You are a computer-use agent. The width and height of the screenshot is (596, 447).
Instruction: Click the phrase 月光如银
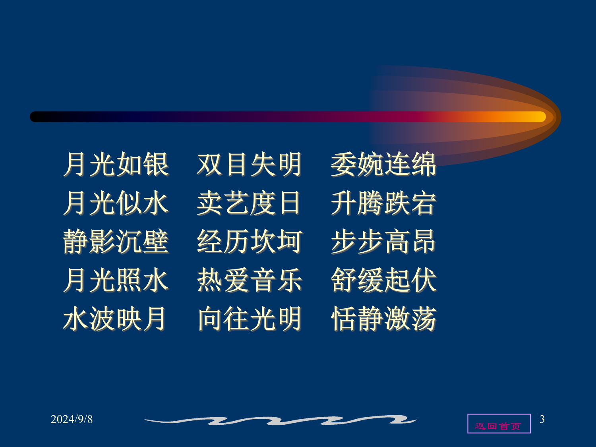116,164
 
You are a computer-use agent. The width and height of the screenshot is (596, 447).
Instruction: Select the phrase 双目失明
249,164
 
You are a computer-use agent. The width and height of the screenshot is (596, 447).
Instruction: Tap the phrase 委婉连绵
384,164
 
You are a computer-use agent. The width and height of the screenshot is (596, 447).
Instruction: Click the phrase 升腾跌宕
384,203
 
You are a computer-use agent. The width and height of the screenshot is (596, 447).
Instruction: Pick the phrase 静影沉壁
116,241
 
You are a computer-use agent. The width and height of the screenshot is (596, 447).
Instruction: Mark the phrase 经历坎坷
250,241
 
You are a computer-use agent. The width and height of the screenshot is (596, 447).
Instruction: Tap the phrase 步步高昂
383,241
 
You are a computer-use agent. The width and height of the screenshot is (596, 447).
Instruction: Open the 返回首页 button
499,424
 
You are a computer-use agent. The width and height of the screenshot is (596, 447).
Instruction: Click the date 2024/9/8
72,419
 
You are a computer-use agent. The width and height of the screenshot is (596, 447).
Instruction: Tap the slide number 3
542,419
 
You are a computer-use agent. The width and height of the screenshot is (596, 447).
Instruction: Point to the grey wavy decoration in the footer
281,420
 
